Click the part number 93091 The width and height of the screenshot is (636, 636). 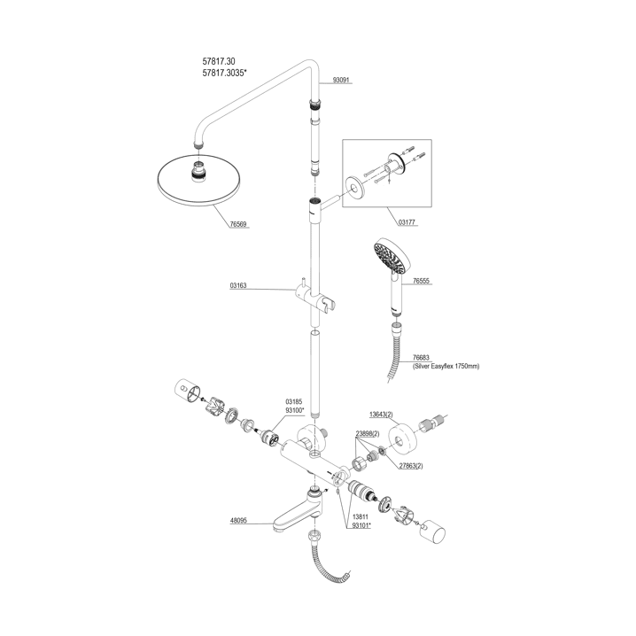tap(342, 80)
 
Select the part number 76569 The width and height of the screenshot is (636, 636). tap(238, 225)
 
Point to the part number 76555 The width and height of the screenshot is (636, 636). tap(421, 280)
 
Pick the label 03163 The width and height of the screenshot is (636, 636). tap(237, 286)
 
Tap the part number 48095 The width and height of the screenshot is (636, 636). tap(238, 523)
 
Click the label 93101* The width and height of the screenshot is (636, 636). tap(361, 524)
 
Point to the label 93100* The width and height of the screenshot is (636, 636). tap(294, 411)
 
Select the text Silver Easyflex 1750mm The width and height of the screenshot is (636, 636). tap(446, 365)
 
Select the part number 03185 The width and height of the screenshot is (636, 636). tap(294, 401)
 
